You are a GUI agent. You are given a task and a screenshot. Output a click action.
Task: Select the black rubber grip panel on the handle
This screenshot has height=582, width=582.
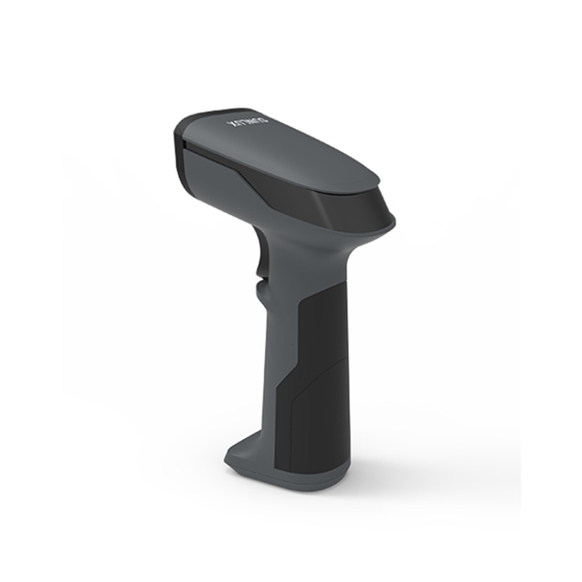click(x=322, y=377)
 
